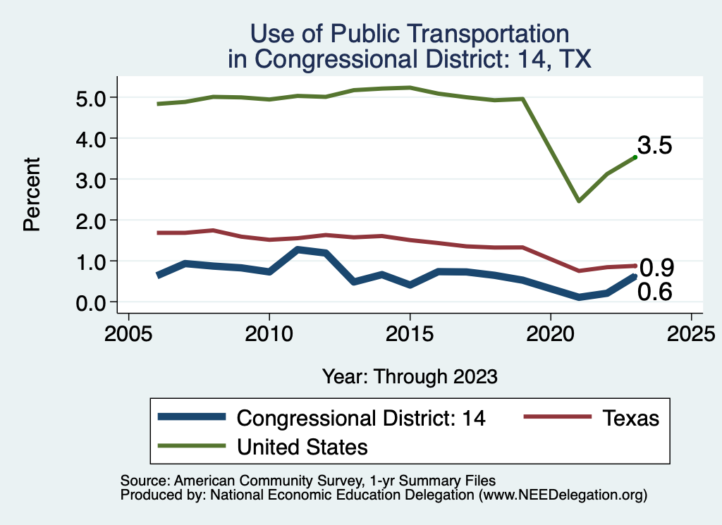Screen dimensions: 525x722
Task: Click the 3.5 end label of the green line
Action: point(654,146)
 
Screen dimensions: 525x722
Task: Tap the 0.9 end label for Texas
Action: point(656,268)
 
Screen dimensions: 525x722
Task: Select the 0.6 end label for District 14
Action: point(654,292)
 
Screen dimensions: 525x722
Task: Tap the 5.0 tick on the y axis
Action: point(90,97)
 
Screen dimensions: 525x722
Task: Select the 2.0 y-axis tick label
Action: point(90,221)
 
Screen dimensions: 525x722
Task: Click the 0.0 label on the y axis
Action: point(90,302)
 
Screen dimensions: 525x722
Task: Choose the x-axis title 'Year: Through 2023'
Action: point(410,376)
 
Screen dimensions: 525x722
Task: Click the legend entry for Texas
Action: point(630,418)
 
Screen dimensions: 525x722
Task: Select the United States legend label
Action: point(302,446)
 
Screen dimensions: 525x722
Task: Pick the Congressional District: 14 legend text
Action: point(361,418)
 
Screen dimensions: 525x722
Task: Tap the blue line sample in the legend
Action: point(192,418)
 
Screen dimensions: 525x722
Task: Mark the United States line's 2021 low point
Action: point(578,201)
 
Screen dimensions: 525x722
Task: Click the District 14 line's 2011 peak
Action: point(298,249)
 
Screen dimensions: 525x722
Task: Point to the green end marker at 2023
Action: point(635,157)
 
